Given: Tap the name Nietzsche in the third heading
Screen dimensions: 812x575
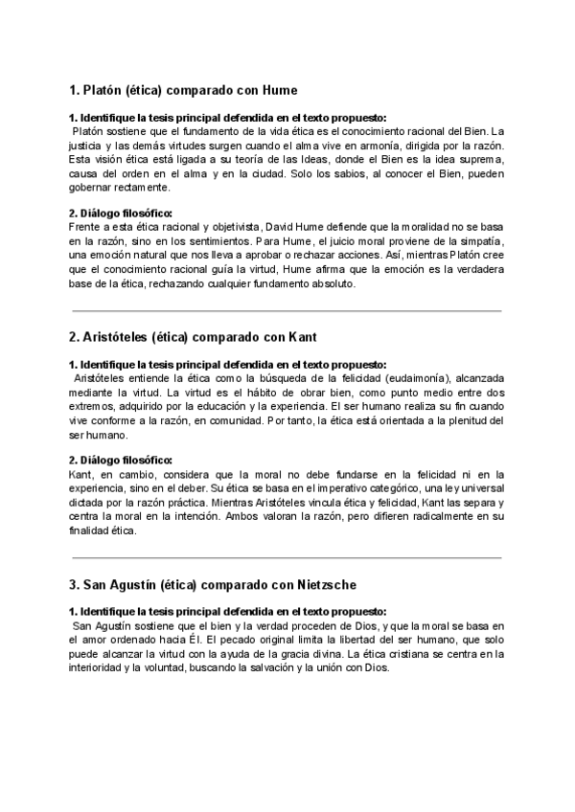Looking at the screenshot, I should (313, 584).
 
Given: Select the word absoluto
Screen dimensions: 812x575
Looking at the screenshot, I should (332, 283).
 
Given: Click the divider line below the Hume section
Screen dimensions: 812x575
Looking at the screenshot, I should (287, 310).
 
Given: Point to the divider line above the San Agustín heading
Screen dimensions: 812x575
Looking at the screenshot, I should (287, 557).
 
